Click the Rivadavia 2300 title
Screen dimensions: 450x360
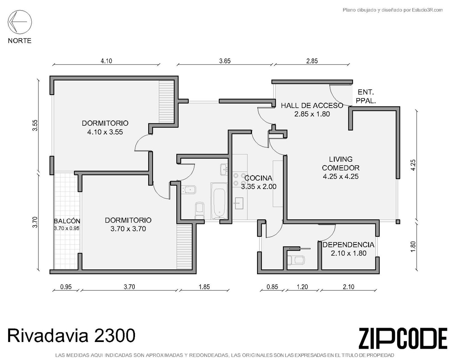pyautogui.click(x=71, y=335)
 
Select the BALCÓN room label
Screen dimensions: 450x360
pyautogui.click(x=67, y=221)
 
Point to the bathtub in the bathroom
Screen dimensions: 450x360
pyautogui.click(x=219, y=201)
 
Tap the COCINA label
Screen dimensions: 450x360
pyautogui.click(x=258, y=178)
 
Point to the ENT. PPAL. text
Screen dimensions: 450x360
pyautogui.click(x=366, y=96)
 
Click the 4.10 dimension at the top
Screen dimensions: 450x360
pyautogui.click(x=106, y=61)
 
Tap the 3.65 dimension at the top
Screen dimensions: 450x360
pyautogui.click(x=225, y=61)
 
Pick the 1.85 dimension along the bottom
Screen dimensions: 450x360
pyautogui.click(x=204, y=287)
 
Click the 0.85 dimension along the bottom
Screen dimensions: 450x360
pyautogui.click(x=272, y=287)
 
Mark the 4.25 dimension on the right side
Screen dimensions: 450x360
pyautogui.click(x=413, y=165)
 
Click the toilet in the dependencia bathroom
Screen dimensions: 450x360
pyautogui.click(x=295, y=260)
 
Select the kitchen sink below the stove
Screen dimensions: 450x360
pyautogui.click(x=238, y=203)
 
